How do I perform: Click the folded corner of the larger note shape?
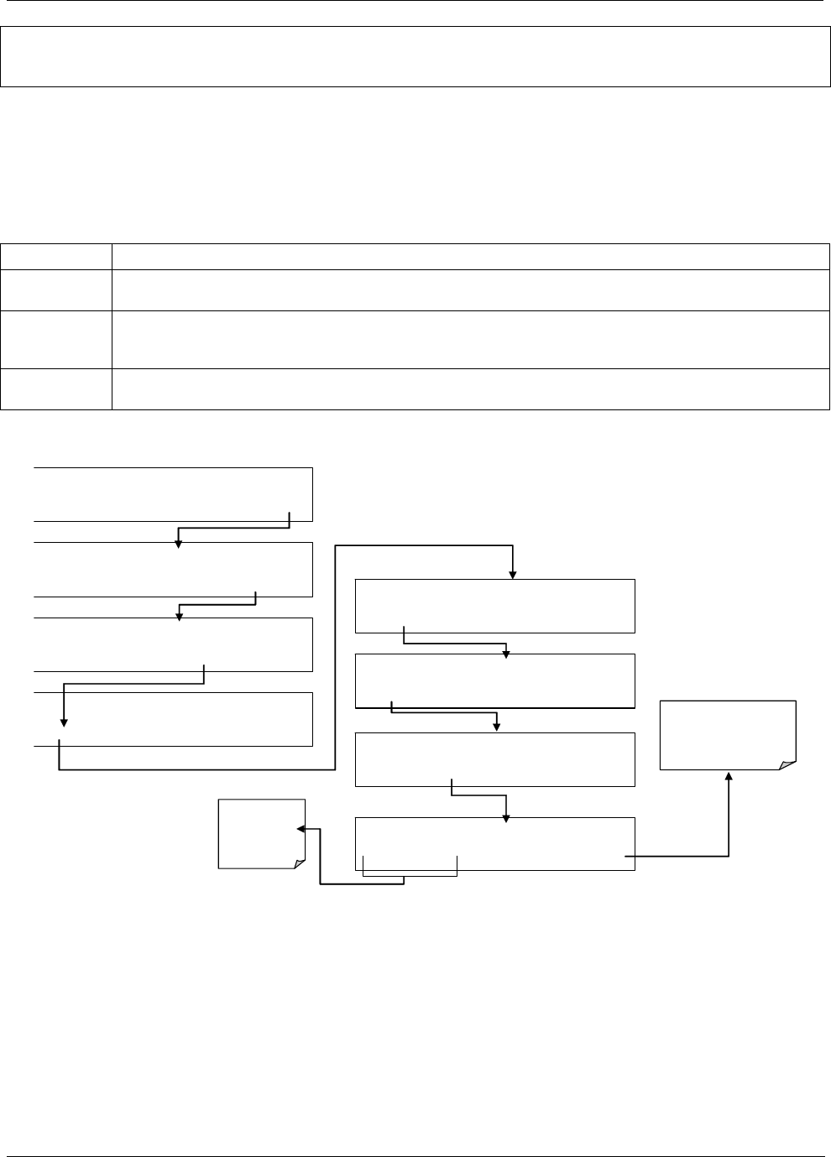point(787,764)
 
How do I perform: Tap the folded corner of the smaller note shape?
point(297,863)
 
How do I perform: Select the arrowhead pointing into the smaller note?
point(301,829)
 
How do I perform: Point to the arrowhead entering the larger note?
point(728,776)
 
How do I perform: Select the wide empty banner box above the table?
point(410,56)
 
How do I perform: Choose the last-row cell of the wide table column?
point(470,389)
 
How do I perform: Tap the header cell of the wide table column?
point(470,256)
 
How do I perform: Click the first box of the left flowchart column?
point(173,494)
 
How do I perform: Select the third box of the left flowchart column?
point(173,644)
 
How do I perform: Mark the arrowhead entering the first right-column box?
point(512,575)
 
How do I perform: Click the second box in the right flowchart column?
point(494,680)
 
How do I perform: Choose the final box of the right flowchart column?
point(494,843)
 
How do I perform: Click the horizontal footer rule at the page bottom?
point(415,1134)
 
